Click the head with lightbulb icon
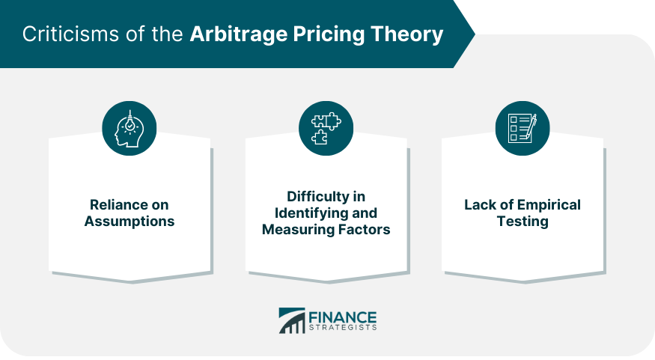click(x=130, y=128)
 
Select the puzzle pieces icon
click(x=326, y=128)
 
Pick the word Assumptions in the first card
click(x=130, y=222)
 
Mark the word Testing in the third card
click(x=522, y=222)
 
